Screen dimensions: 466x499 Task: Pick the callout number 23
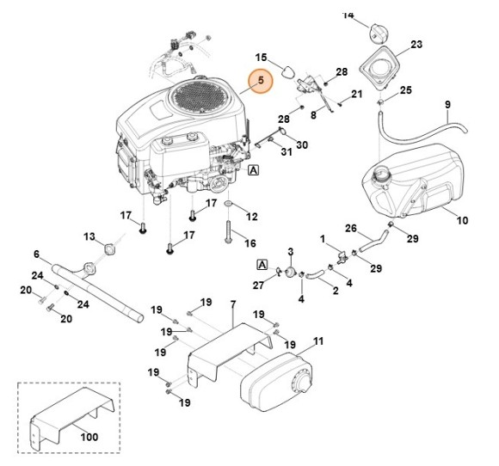pyautogui.click(x=416, y=45)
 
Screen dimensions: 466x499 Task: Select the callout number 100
pyautogui.click(x=89, y=438)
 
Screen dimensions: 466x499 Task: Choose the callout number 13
pyautogui.click(x=89, y=236)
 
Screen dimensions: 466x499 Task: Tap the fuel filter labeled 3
pyautogui.click(x=291, y=272)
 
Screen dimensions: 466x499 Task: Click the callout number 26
pyautogui.click(x=350, y=229)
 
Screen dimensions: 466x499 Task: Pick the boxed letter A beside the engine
pyautogui.click(x=254, y=171)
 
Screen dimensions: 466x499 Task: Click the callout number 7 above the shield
pyautogui.click(x=232, y=306)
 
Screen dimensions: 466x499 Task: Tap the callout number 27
pyautogui.click(x=258, y=285)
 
